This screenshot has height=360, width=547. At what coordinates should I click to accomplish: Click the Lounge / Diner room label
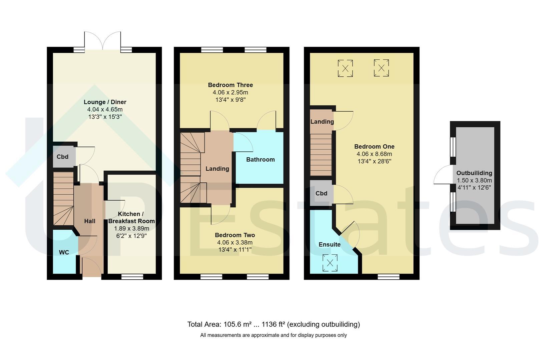click(x=105, y=102)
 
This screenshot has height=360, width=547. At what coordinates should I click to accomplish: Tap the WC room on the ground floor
click(x=65, y=252)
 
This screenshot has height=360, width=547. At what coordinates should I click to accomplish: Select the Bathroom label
click(x=260, y=160)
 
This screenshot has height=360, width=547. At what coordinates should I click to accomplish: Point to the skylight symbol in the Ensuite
click(x=330, y=263)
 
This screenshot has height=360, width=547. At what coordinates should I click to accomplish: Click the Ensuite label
click(x=330, y=245)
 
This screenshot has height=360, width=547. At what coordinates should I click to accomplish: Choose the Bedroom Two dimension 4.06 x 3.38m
click(x=235, y=242)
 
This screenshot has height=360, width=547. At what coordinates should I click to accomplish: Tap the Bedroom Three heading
click(x=230, y=85)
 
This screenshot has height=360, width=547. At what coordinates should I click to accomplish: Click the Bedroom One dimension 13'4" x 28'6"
click(x=374, y=161)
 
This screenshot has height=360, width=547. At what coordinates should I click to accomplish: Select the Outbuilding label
click(x=474, y=173)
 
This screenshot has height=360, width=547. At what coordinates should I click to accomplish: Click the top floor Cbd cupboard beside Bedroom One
click(x=321, y=193)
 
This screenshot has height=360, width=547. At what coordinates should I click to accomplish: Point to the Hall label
click(x=90, y=221)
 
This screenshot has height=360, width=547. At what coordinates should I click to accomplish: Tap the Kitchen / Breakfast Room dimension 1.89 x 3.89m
click(x=131, y=229)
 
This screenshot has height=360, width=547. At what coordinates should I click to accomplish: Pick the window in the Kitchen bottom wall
click(x=132, y=277)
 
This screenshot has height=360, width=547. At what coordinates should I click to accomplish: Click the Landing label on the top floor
click(x=322, y=122)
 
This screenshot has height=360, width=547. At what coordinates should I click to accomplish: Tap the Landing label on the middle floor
click(x=217, y=169)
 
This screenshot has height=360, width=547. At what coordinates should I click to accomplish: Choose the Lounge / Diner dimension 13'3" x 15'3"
click(x=105, y=117)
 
